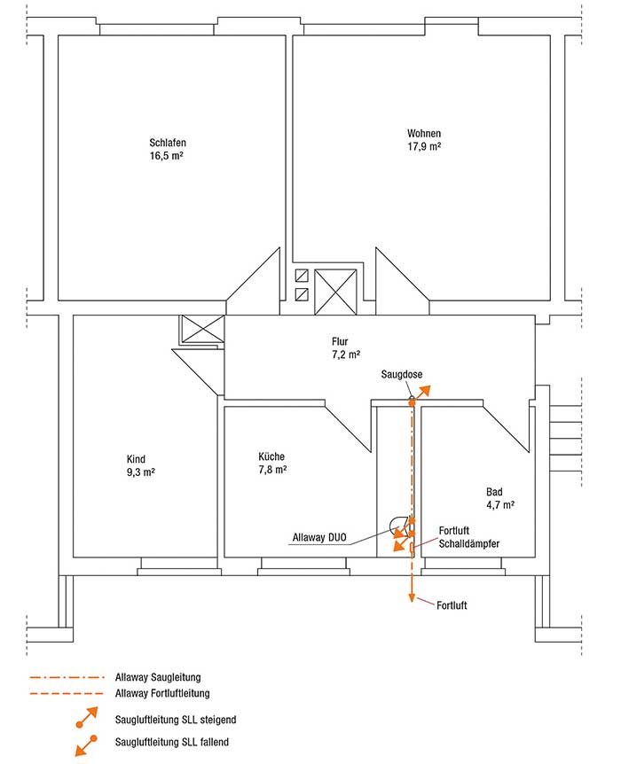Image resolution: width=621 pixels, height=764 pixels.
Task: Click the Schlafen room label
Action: click(168, 143)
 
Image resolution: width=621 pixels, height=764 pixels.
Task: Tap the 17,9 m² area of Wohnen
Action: click(424, 146)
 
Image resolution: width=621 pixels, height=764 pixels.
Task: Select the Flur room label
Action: click(340, 341)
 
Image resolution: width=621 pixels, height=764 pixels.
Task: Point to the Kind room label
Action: click(136, 459)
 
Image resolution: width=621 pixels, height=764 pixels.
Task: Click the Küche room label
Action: click(271, 456)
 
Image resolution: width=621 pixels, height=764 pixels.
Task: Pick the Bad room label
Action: click(494, 492)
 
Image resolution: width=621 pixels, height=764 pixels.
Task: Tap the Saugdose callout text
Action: click(402, 375)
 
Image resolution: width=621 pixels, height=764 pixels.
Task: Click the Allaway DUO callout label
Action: click(319, 537)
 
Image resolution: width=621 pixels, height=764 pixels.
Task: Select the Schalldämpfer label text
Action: click(469, 544)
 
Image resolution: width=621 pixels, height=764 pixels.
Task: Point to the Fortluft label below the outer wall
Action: click(452, 605)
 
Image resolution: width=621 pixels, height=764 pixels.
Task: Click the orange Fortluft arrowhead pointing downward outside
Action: click(412, 598)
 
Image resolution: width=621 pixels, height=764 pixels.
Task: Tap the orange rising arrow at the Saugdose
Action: click(421, 394)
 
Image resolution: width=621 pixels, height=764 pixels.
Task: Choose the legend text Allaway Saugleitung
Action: click(158, 677)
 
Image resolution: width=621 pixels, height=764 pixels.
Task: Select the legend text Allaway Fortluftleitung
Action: click(162, 693)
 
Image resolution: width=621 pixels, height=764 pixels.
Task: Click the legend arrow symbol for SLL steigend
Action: click(87, 717)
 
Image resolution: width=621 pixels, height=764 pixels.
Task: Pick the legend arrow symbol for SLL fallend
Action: click(86, 745)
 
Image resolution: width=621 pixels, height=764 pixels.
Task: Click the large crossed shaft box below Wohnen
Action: click(335, 292)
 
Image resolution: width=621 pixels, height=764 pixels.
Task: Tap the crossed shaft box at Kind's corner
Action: click(203, 329)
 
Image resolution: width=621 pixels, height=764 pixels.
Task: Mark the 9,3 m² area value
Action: click(141, 472)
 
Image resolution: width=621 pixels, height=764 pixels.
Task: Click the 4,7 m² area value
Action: click(500, 505)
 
